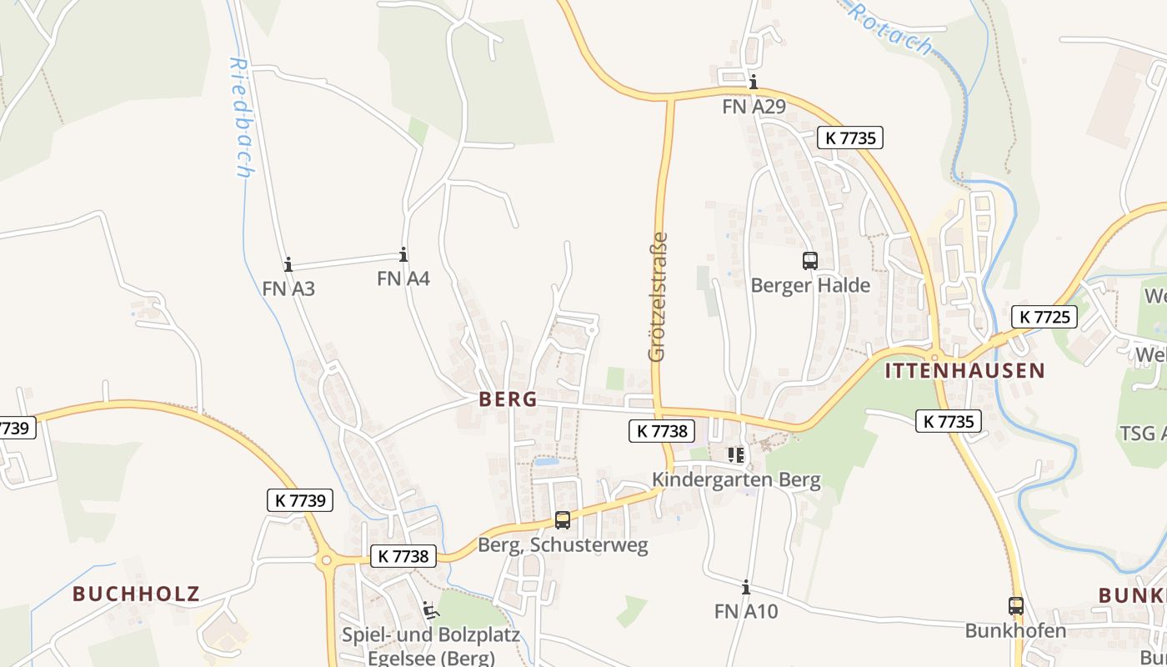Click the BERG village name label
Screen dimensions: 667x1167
pos(508,399)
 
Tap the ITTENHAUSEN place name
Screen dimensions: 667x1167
pos(964,371)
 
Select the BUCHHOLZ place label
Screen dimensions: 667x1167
pos(136,594)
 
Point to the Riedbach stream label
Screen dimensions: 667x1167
pos(241,117)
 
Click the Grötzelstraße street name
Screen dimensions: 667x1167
pos(658,296)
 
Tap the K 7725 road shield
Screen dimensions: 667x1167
pos(1044,317)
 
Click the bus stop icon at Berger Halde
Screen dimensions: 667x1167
pos(809,260)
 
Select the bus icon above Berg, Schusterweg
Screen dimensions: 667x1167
pos(563,520)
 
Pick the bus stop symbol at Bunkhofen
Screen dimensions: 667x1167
pos(1015,606)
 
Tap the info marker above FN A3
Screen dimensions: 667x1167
pos(288,265)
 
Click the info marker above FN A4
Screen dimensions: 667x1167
pos(403,255)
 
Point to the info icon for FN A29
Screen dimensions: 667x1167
pos(754,82)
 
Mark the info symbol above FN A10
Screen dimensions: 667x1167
pos(746,588)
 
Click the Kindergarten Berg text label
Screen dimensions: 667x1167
pos(736,480)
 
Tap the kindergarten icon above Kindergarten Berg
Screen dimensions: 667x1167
pos(735,454)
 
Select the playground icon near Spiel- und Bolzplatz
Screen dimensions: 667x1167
pos(431,611)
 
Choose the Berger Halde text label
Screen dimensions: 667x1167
pos(810,285)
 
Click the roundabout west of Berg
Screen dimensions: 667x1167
pos(326,561)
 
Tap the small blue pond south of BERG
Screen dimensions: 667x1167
pos(546,461)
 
